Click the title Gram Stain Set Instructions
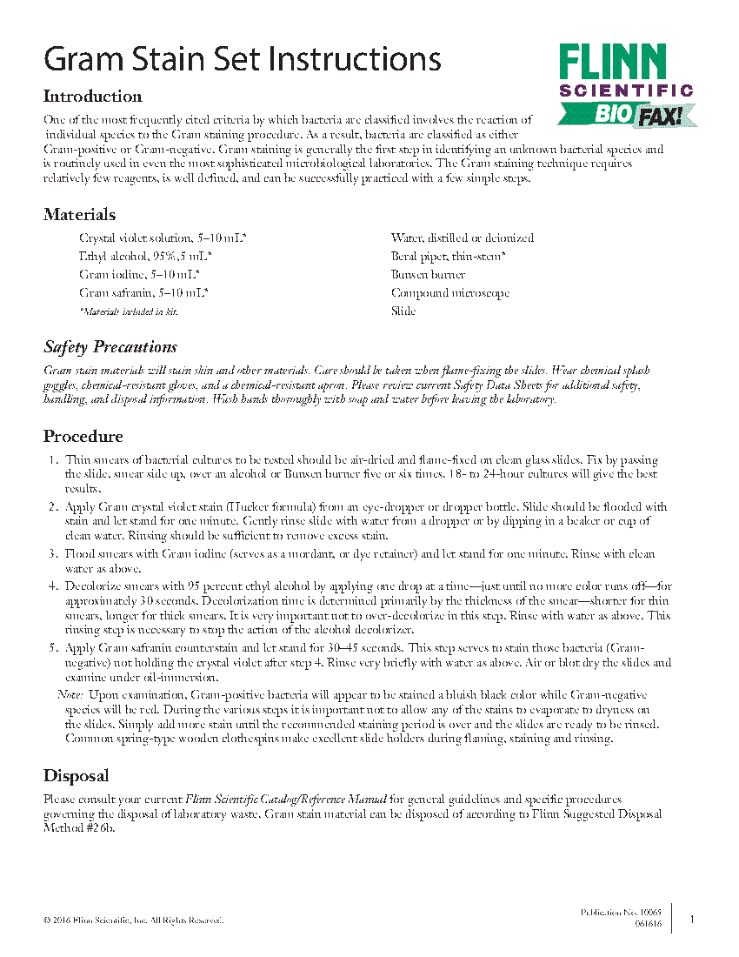(x=243, y=59)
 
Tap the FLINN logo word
(x=612, y=63)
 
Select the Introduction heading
(x=92, y=97)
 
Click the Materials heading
(x=79, y=215)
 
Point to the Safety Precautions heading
(x=110, y=348)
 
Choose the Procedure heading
(x=83, y=437)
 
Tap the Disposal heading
(x=77, y=776)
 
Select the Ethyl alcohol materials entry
(x=146, y=257)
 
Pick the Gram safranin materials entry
(x=143, y=293)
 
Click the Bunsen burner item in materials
(x=428, y=275)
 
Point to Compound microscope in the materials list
(x=449, y=293)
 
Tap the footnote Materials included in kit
(x=128, y=311)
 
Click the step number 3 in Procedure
(x=52, y=554)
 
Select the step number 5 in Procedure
(x=52, y=648)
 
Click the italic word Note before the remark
(x=70, y=695)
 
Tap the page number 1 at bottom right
(x=692, y=919)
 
